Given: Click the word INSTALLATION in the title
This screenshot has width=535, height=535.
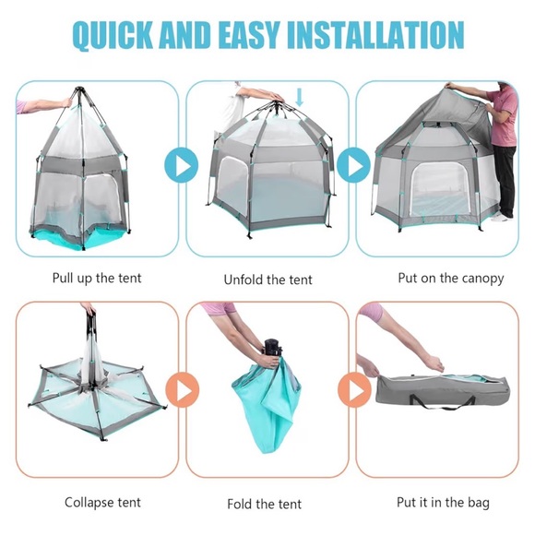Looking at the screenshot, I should [x=376, y=35].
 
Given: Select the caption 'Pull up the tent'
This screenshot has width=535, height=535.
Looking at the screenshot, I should [x=97, y=277].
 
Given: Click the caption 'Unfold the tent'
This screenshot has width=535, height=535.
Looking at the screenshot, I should [x=268, y=279].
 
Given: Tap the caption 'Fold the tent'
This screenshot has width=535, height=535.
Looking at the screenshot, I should [x=265, y=505].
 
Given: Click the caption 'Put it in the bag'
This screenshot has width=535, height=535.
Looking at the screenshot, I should [x=443, y=503].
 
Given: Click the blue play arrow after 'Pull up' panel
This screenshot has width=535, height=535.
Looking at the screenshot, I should [x=182, y=166].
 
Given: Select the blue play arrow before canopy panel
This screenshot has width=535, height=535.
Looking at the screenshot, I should [x=352, y=166].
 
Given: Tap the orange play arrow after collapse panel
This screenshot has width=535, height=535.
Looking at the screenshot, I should [x=182, y=391].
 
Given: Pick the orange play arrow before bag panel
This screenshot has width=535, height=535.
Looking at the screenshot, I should [x=352, y=391].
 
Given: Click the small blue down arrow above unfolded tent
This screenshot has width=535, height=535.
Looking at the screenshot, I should [x=299, y=97].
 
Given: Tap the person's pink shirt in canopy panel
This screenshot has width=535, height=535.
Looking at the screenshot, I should [x=503, y=116].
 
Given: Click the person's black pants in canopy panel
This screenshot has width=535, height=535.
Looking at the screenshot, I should [x=504, y=181].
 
